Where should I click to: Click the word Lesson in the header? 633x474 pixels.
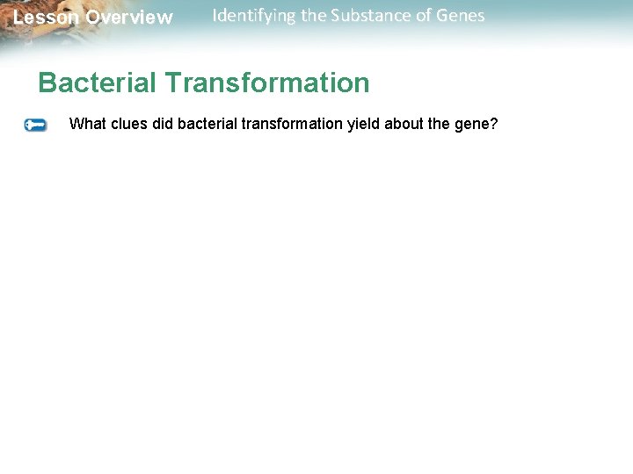45,18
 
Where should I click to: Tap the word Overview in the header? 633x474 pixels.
129,18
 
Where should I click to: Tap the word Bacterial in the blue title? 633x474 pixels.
98,83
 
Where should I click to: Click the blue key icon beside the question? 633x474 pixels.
36,126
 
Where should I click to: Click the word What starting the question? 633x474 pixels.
87,124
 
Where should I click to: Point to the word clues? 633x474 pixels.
128,124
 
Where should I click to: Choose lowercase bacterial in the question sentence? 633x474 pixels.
207,124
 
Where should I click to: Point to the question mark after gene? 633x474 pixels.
494,124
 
